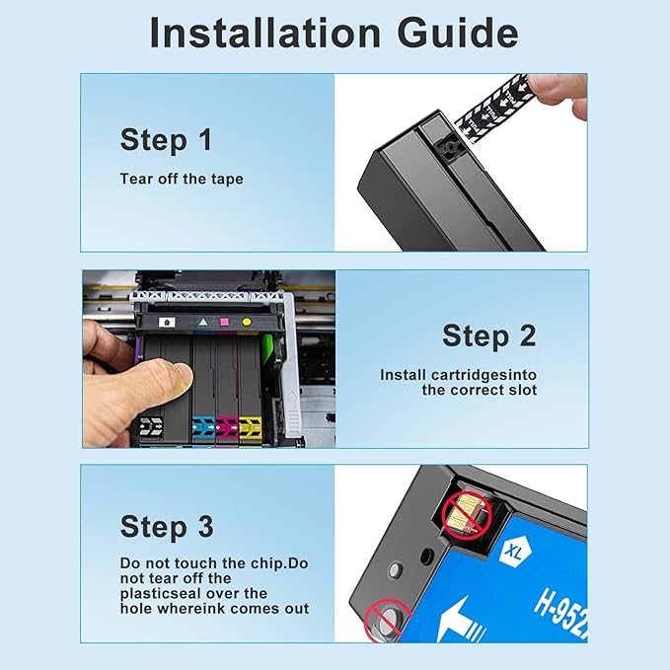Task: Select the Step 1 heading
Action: [166, 140]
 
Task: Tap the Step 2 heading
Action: [488, 335]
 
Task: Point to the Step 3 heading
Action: [166, 526]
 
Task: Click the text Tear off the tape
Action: [182, 179]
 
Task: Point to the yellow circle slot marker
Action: [247, 322]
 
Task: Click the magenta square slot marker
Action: [224, 322]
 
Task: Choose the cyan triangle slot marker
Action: [202, 322]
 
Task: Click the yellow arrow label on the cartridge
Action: [250, 426]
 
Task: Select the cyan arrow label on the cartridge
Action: [204, 426]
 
